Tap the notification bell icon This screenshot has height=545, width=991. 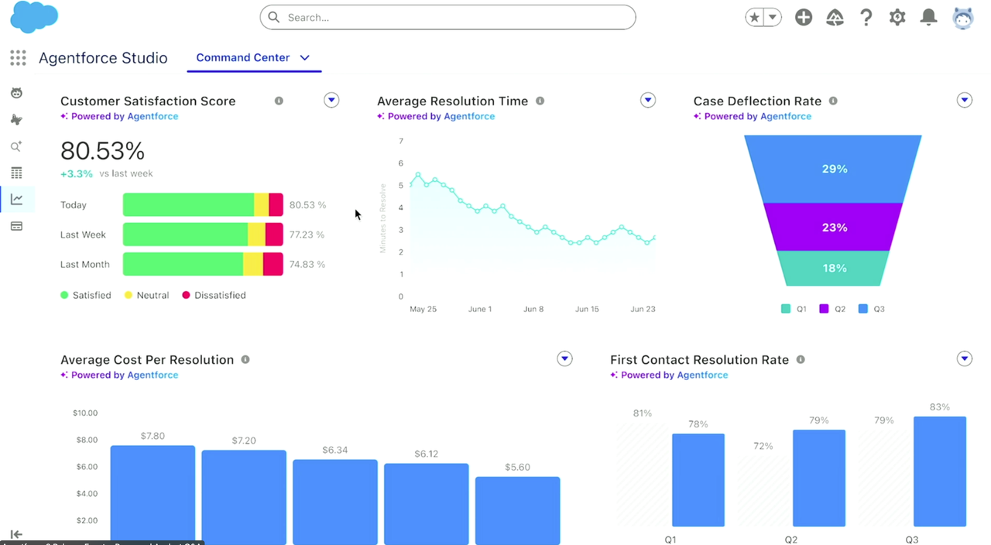pyautogui.click(x=928, y=17)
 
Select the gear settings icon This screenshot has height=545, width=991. pyautogui.click(x=897, y=17)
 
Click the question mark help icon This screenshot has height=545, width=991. pyautogui.click(x=866, y=17)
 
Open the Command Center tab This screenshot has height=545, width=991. pyautogui.click(x=243, y=57)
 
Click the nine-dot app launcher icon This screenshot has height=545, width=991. pyautogui.click(x=18, y=58)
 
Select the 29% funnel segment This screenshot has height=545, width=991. pyautogui.click(x=834, y=169)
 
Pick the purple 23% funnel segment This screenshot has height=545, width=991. pyautogui.click(x=834, y=228)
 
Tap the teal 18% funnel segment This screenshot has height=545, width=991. pyautogui.click(x=834, y=268)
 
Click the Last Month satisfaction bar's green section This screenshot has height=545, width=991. pyautogui.click(x=183, y=264)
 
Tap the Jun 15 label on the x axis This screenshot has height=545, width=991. pyautogui.click(x=587, y=309)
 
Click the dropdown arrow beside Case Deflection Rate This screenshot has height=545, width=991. pyautogui.click(x=964, y=100)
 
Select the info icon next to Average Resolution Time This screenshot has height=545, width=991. pyautogui.click(x=540, y=101)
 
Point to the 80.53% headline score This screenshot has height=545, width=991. pyautogui.click(x=102, y=150)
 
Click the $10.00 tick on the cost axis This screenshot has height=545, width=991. pyautogui.click(x=85, y=413)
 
